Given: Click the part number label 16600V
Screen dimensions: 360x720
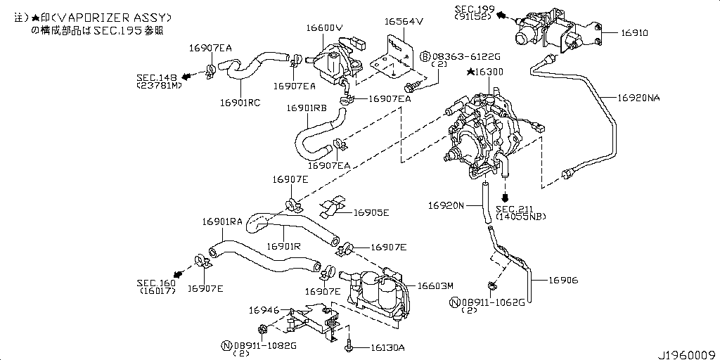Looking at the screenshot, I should coord(324,27).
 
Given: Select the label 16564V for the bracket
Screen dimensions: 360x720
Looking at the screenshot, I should coord(404,21).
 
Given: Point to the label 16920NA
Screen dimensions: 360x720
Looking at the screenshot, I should coord(638,98).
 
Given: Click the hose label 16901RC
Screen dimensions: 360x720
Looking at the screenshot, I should coord(240,103).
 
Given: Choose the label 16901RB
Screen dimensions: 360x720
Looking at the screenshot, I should coord(306,108).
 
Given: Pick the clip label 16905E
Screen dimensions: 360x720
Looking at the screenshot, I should coord(371,212).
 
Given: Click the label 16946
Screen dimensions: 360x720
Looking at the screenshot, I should coord(264,309).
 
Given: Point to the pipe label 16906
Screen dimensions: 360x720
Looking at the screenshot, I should coord(564,280).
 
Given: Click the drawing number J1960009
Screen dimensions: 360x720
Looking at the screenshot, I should coord(686,354).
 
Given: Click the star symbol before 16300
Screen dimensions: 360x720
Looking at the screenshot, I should coord(470,72).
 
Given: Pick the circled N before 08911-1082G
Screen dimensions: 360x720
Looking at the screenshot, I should coord(226,345).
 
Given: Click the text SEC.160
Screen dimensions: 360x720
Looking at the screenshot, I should coord(155,283).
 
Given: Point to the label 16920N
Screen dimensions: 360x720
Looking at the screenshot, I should coord(446,205).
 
